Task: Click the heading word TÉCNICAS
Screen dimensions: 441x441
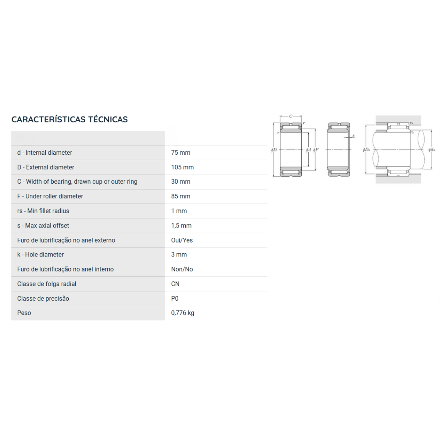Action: (108, 119)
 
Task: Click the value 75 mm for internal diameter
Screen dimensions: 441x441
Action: (180, 153)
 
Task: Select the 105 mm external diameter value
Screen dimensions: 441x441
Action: (182, 167)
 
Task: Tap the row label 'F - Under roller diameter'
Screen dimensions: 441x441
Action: (50, 196)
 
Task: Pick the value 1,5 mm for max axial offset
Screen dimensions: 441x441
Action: (181, 226)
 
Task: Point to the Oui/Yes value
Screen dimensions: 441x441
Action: (182, 240)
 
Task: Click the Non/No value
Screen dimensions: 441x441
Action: (182, 269)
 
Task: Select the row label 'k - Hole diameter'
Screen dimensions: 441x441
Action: (40, 254)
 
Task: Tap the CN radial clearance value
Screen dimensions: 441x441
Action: (175, 284)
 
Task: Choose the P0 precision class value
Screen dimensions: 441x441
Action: (175, 298)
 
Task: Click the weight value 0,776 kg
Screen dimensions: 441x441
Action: (183, 313)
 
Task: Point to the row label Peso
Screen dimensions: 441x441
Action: (24, 313)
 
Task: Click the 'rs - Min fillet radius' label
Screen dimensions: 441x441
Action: (43, 211)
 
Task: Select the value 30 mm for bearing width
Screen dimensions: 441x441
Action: (180, 182)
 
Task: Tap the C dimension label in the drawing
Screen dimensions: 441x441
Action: (291, 116)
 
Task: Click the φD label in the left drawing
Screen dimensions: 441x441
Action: (274, 150)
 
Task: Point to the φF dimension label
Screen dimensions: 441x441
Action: (316, 150)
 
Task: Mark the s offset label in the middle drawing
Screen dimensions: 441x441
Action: (353, 136)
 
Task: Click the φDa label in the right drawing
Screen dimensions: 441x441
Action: (366, 150)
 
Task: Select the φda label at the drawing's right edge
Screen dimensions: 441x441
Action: (431, 150)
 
